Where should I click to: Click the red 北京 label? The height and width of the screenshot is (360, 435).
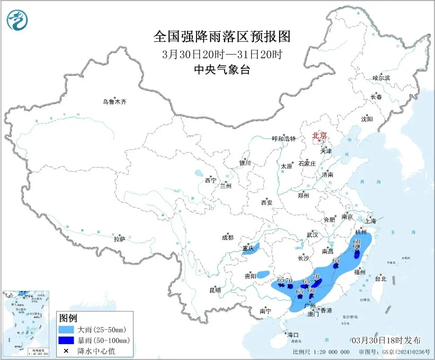[319, 136]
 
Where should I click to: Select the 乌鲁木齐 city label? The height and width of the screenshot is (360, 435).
[115, 102]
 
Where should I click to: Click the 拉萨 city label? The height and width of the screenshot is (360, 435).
[119, 239]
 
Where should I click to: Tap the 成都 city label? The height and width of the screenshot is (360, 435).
[228, 238]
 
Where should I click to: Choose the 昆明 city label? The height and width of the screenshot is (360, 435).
[215, 290]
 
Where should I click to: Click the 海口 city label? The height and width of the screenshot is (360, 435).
[293, 335]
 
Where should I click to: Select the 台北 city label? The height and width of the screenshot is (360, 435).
[380, 278]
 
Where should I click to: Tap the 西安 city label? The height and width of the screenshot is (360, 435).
[266, 203]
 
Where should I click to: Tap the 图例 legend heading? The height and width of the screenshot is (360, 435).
[69, 318]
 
